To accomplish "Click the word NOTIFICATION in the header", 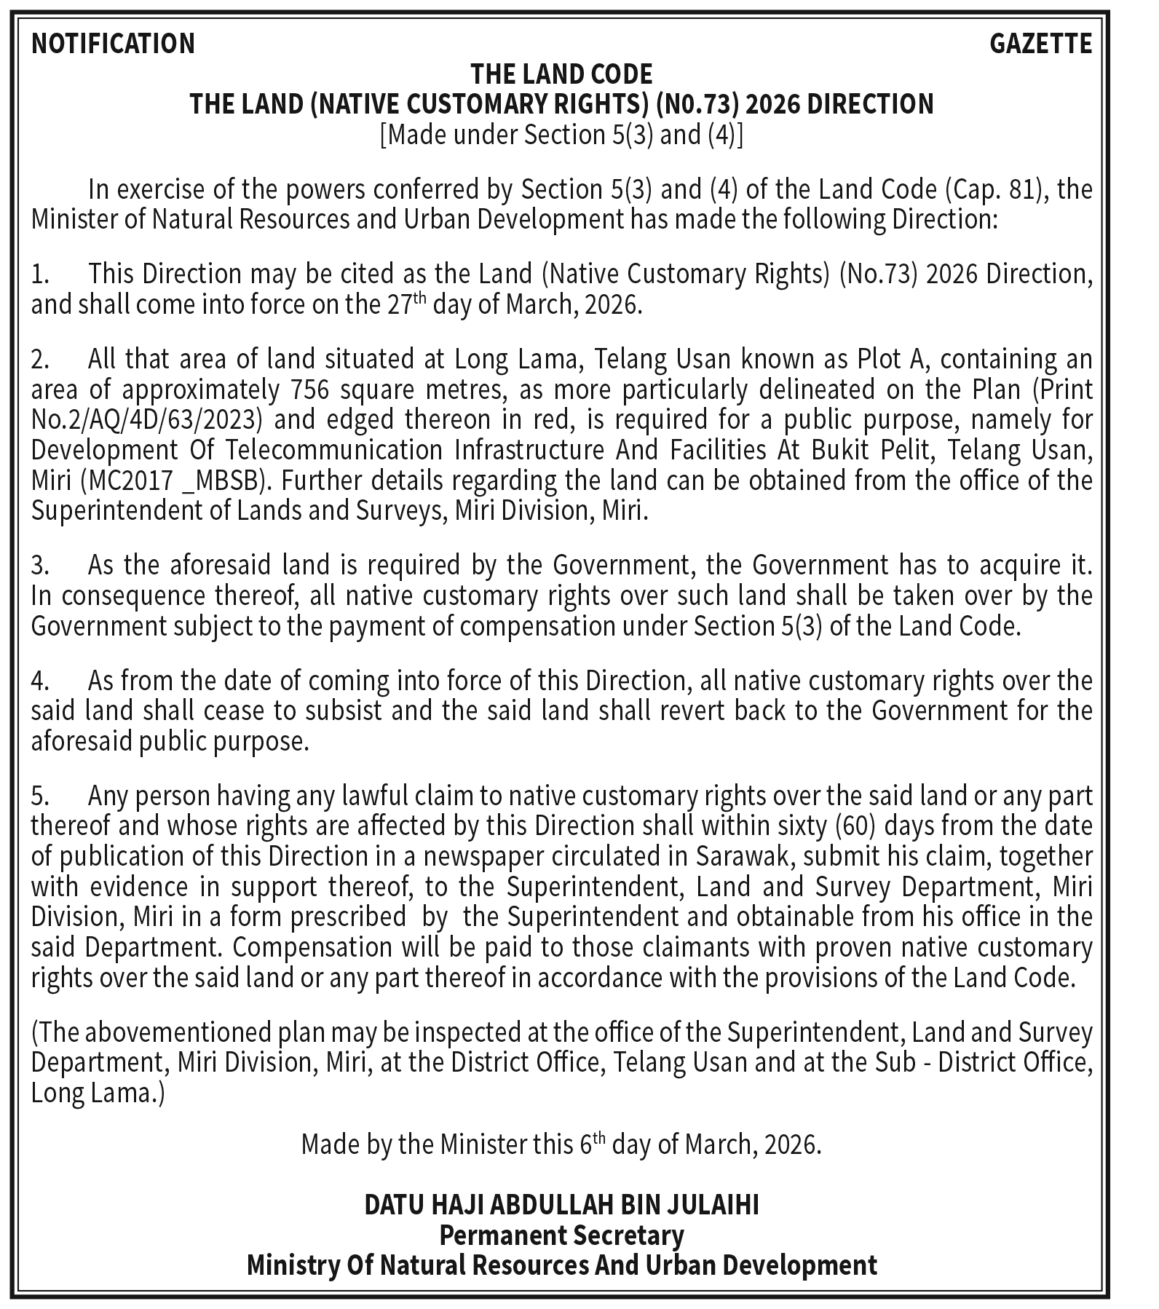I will (113, 44).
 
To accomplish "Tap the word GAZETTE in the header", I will (1040, 44).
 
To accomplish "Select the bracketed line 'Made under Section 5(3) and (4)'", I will (561, 135).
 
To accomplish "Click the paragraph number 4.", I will (39, 681).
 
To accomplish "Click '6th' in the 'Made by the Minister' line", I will (592, 1144).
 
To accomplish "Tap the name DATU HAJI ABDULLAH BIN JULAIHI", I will (561, 1206).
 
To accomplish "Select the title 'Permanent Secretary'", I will (561, 1235).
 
